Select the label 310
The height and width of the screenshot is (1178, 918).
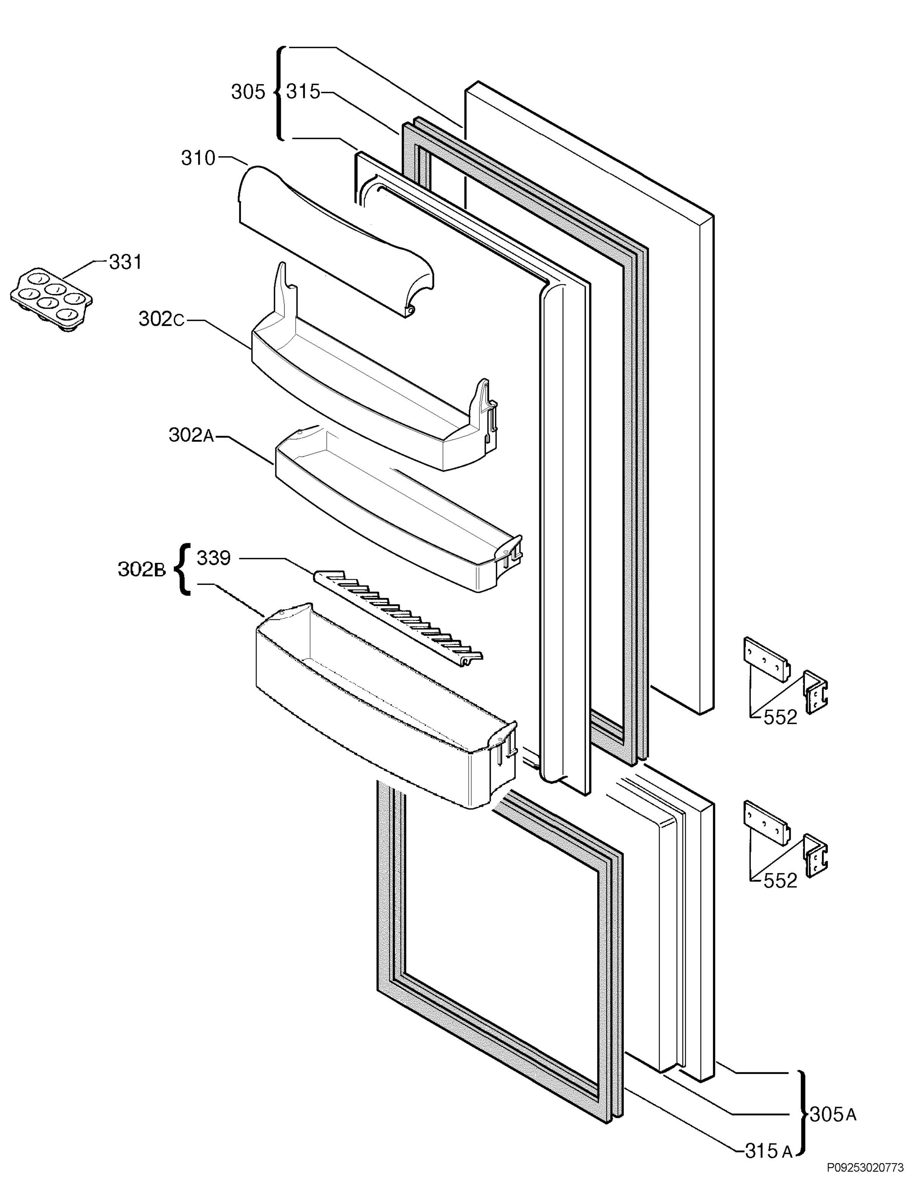click(198, 158)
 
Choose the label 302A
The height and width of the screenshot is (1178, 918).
click(191, 435)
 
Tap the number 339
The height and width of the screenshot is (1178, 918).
click(213, 558)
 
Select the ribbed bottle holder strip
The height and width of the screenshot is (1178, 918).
click(398, 618)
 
